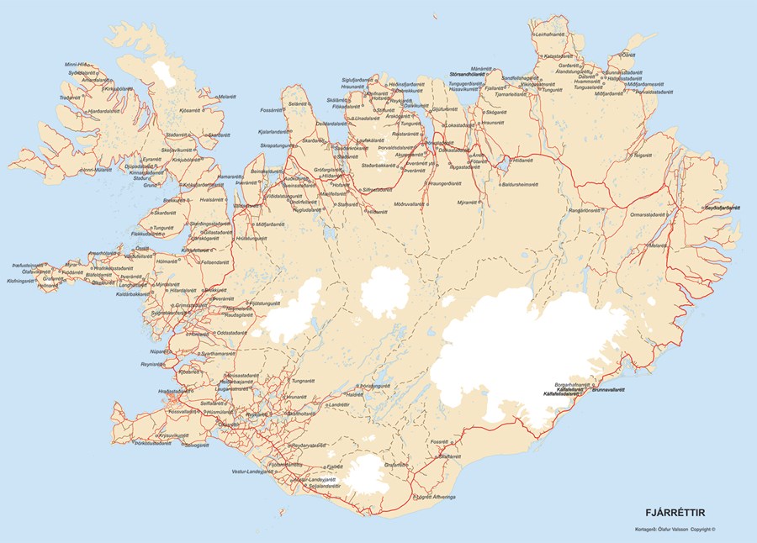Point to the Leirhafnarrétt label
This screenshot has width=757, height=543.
tap(551, 34)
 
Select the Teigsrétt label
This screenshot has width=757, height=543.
tap(643, 156)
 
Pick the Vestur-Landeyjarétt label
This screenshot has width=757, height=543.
tap(253, 472)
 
